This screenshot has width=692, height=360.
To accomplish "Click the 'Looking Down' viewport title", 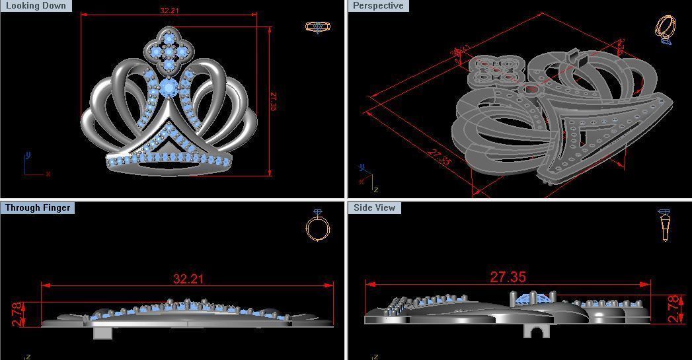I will coord(36,6).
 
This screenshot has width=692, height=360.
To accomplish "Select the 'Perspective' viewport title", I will coord(377,6).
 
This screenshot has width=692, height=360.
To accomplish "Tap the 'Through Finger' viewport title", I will coord(37,208).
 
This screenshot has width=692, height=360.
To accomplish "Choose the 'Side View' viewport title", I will coord(374,208).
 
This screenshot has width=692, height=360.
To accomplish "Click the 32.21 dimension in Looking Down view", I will coord(169,11).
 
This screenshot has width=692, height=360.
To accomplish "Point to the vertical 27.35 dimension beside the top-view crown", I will coord(273,101).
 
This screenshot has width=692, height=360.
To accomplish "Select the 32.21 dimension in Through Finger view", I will coord(188,279).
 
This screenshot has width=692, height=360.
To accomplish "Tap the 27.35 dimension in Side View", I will coord(508,277).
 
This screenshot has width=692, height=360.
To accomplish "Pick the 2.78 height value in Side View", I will coord(673,309).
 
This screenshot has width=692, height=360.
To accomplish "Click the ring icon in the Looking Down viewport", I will coord(317,27).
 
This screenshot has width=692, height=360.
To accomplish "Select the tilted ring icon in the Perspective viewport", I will coord(665,30).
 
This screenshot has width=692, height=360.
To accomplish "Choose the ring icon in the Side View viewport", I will coord(664,225).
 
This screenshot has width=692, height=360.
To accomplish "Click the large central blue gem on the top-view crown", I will coord(169,88).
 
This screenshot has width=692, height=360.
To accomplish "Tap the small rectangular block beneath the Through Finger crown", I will coord(102,332).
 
